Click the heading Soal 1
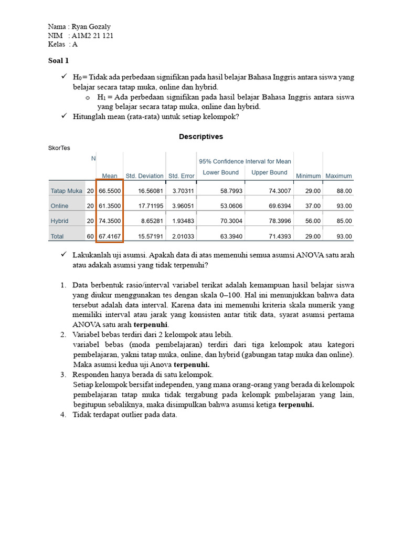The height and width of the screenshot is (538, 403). pos(58,61)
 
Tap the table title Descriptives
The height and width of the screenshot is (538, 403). pos(201,137)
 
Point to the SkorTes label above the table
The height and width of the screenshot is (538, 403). pos(59,148)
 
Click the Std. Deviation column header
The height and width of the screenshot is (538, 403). pos(144,176)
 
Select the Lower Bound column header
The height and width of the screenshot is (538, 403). pos(220,172)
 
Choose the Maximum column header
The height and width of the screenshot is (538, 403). pos(338,176)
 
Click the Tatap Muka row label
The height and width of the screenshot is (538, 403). pos(66,191)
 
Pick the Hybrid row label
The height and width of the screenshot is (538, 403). pos(59,221)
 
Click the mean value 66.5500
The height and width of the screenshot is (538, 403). pos(110,191)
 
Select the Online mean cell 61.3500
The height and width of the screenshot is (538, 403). pos(110,206)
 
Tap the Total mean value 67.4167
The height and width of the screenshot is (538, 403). pos(110,236)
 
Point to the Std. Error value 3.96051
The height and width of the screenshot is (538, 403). pos(181,206)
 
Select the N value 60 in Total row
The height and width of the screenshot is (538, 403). pos(90,236)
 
